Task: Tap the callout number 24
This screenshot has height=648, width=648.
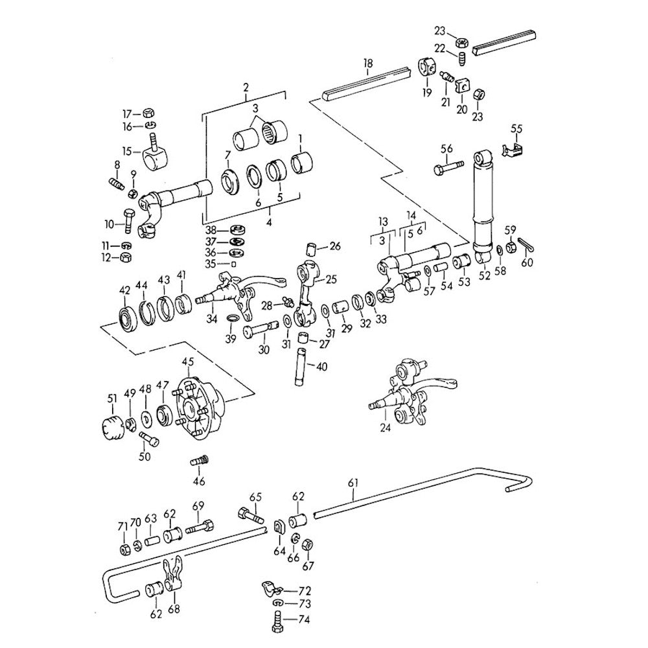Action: point(386,428)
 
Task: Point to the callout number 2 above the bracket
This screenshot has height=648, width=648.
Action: point(246,87)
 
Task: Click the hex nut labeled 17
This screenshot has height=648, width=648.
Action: point(146,111)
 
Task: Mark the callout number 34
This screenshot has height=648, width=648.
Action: point(211,319)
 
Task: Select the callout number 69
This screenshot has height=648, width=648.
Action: point(198,505)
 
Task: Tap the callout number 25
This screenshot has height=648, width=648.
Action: point(332,279)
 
